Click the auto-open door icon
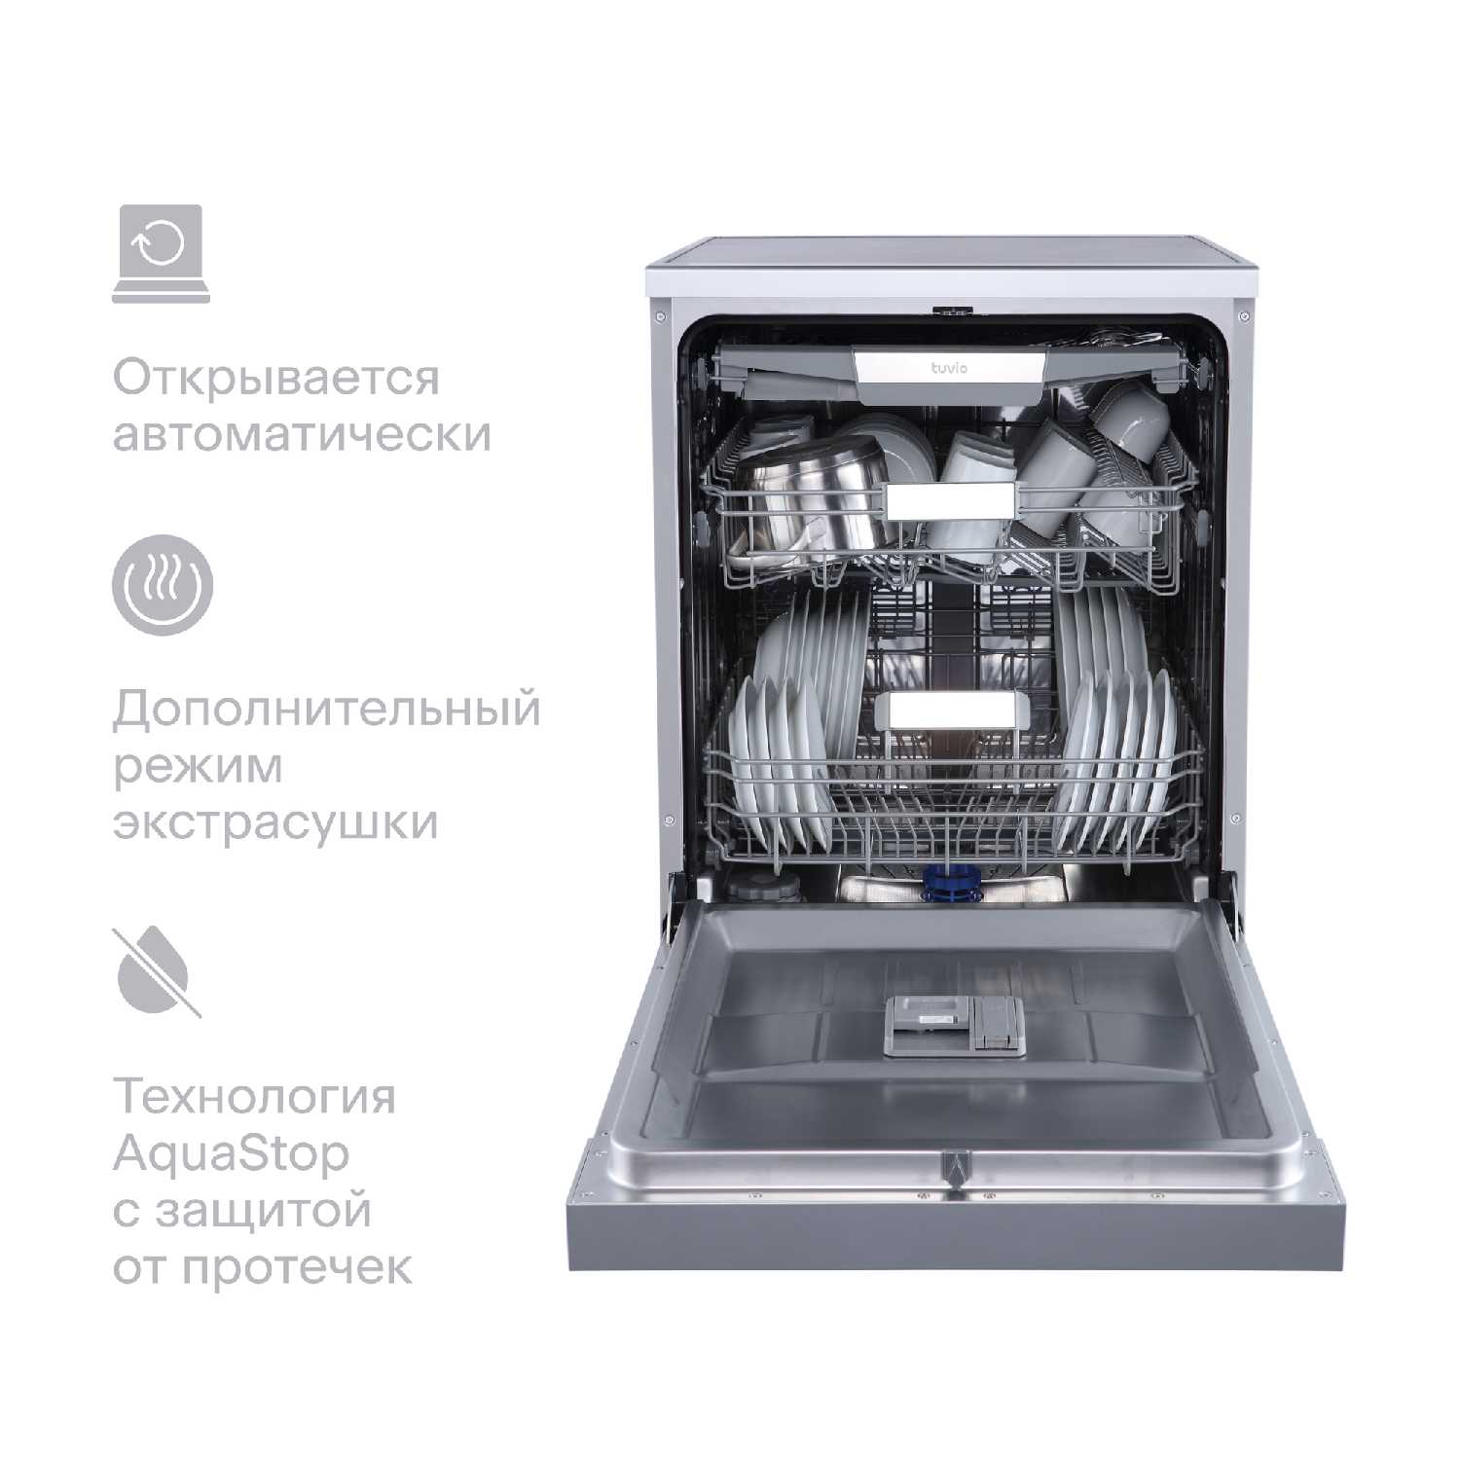tap(161, 253)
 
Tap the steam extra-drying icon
tap(162, 584)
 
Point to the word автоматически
tap(302, 434)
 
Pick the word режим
tap(198, 767)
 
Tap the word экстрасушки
tap(275, 822)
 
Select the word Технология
tap(255, 1097)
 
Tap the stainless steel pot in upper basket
tap(808, 506)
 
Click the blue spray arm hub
tap(950, 882)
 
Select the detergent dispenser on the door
tap(955, 1026)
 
